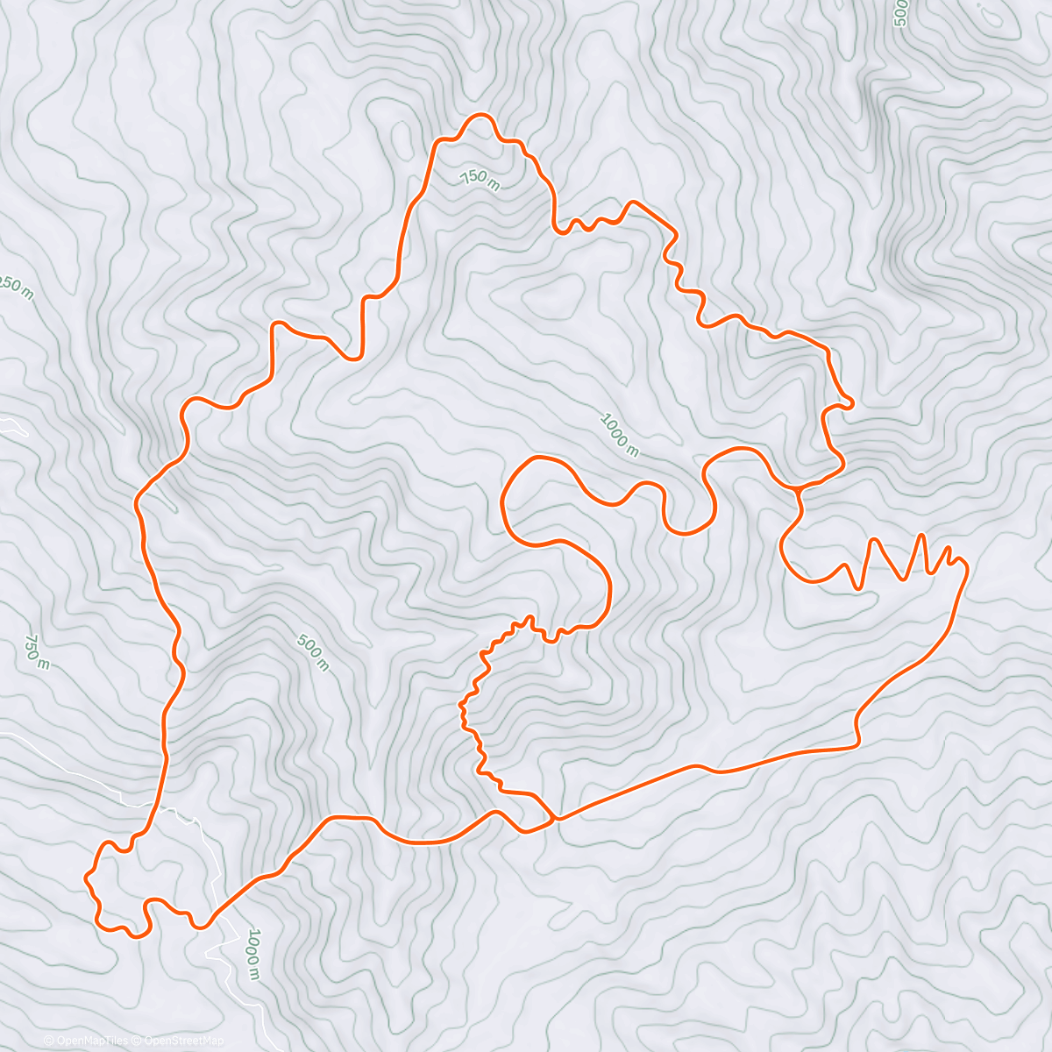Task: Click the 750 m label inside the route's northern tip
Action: [x=480, y=179]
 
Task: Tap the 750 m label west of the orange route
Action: [x=36, y=651]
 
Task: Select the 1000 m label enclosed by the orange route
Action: [x=619, y=435]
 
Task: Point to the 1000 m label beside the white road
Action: [x=252, y=953]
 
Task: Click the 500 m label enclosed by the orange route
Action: [x=312, y=653]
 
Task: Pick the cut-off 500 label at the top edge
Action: [x=899, y=13]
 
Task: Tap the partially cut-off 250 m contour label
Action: [x=17, y=288]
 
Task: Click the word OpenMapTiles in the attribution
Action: [x=90, y=1041]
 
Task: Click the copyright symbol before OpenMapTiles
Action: [x=47, y=1041]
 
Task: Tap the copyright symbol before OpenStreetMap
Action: [x=137, y=1041]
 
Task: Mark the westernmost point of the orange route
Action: [x=85, y=876]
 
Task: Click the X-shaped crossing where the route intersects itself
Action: [x=552, y=819]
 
